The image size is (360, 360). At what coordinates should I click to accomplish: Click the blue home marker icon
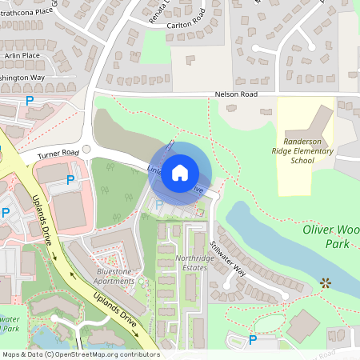click(180, 172)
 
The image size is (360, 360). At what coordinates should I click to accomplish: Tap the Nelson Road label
click(237, 94)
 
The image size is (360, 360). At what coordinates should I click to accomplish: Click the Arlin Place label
click(21, 55)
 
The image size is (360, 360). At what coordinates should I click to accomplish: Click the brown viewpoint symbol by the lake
click(325, 282)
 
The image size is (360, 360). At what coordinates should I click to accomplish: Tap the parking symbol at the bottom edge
click(253, 340)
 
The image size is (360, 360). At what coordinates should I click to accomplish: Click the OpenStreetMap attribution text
click(80, 354)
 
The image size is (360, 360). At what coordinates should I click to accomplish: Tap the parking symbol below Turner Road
click(70, 180)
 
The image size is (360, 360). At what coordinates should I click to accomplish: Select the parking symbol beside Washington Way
click(30, 101)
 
